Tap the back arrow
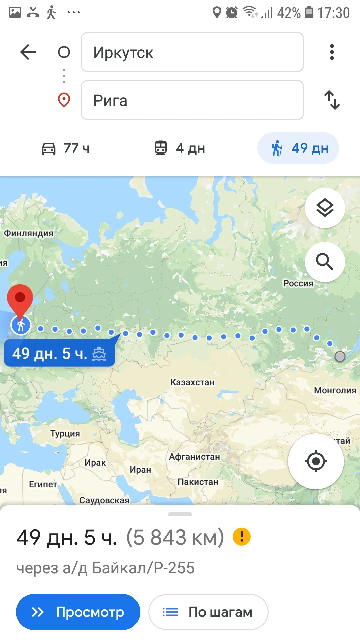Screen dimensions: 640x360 [28, 52]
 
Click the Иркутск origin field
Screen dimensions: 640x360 [192, 52]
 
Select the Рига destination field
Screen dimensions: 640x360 [192, 100]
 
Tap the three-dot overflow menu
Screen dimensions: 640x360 [332, 52]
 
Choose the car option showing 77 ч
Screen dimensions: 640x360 [66, 148]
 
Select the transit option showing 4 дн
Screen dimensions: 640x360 [180, 148]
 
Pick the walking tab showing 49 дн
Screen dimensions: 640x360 [298, 148]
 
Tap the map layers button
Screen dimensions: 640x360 [325, 208]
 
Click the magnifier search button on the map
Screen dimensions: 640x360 [325, 262]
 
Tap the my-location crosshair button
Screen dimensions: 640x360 [316, 461]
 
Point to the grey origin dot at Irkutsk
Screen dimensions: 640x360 [340, 356]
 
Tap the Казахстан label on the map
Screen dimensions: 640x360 [192, 382]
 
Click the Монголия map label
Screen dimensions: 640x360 [335, 390]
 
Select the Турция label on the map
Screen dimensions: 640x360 [65, 434]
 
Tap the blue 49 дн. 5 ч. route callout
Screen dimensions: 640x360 [59, 353]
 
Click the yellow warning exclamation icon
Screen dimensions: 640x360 [242, 537]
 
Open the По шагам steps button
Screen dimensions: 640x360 [208, 612]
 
